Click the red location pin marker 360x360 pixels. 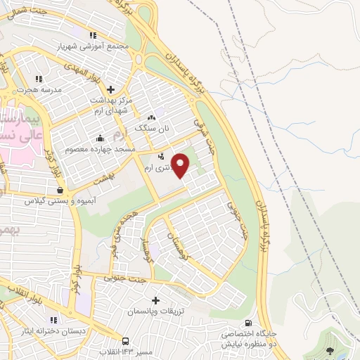pyautogui.click(x=181, y=165)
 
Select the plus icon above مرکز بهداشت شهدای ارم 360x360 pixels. pyautogui.click(x=110, y=89)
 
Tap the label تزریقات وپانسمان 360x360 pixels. pyautogui.click(x=156, y=311)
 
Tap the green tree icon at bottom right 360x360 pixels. pyautogui.click(x=331, y=349)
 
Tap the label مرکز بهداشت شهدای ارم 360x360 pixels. pyautogui.click(x=112, y=105)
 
